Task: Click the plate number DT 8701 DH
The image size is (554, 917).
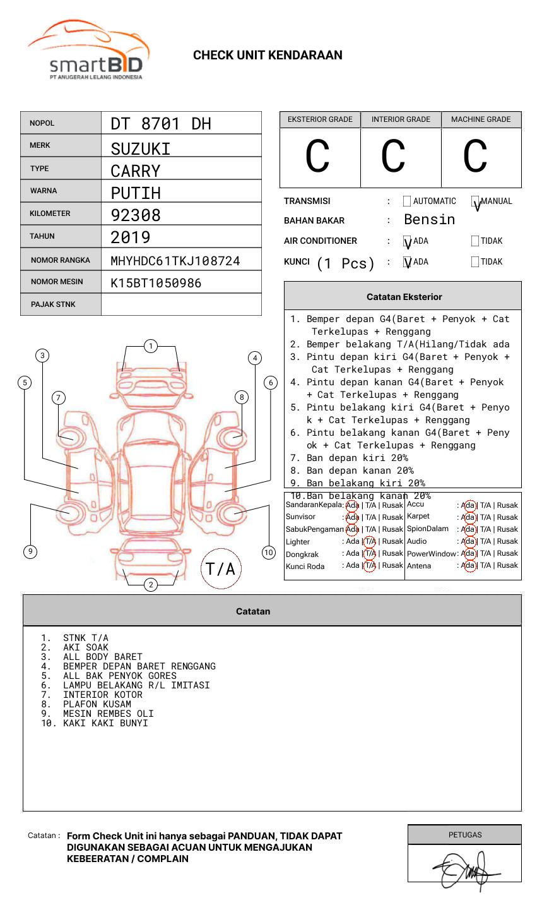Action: pyautogui.click(x=161, y=124)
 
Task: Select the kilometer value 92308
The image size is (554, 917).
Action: pyautogui.click(x=136, y=215)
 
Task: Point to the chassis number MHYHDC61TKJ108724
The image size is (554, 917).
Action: pyautogui.click(x=175, y=261)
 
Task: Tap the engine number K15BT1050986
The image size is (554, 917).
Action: pyautogui.click(x=156, y=283)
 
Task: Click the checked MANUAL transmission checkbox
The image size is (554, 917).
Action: pyautogui.click(x=475, y=202)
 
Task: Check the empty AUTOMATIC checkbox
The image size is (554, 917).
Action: pyautogui.click(x=407, y=201)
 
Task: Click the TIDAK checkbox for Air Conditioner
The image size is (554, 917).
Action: pyautogui.click(x=475, y=241)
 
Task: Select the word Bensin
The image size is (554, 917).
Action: pyautogui.click(x=429, y=220)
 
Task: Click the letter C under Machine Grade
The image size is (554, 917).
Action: pyautogui.click(x=475, y=157)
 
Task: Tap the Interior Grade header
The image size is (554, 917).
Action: pyautogui.click(x=401, y=119)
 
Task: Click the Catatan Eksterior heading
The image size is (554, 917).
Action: pyautogui.click(x=404, y=297)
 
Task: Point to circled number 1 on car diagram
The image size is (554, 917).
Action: pyautogui.click(x=150, y=346)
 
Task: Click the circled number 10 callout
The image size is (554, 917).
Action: pyautogui.click(x=269, y=553)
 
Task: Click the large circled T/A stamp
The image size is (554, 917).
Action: pyautogui.click(x=221, y=569)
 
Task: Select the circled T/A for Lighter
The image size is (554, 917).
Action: pyautogui.click(x=370, y=541)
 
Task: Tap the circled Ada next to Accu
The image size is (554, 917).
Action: pyautogui.click(x=468, y=505)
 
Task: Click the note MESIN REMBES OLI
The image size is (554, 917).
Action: pyautogui.click(x=108, y=714)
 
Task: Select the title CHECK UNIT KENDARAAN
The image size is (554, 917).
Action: pyautogui.click(x=268, y=56)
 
